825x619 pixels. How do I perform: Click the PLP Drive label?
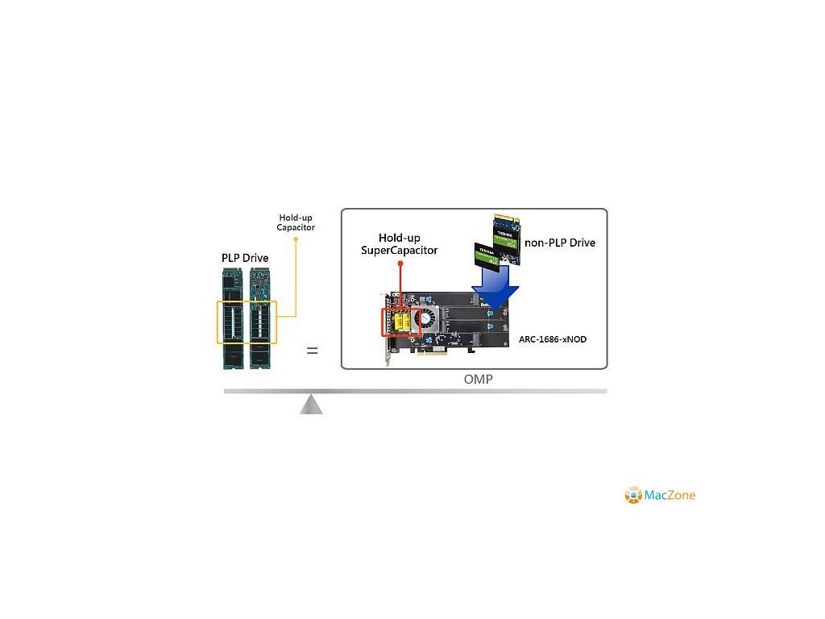point(245,258)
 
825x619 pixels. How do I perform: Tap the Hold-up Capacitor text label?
point(296,222)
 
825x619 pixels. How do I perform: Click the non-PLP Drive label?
point(560,243)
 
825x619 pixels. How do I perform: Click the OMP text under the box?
point(478,380)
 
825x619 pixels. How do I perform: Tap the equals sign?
point(312,351)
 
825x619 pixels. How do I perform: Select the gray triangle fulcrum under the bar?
point(311,404)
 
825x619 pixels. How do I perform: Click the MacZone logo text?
point(670,495)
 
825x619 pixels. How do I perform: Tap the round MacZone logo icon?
point(633,495)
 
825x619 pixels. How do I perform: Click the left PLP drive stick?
point(232,319)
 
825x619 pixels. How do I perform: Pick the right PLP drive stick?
point(260,319)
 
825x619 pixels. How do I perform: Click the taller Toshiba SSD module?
point(507,239)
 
